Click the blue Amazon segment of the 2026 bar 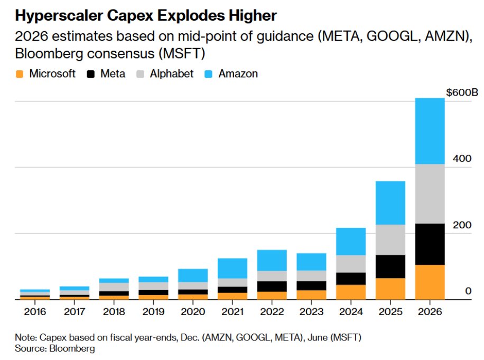coord(429,131)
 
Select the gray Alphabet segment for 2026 coord(429,193)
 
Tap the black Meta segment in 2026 coord(429,244)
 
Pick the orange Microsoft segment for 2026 coord(429,282)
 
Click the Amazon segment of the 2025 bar coord(390,202)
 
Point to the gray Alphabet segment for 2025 coord(390,239)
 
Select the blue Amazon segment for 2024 coord(351,241)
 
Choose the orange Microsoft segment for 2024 coord(351,292)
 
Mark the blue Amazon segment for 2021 coord(232,268)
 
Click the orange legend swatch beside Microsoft coord(20,74)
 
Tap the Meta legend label coord(113,74)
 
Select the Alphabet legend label coord(172,74)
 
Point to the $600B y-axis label coord(462,93)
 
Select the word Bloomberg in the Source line coord(73,349)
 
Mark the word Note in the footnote coord(24,337)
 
